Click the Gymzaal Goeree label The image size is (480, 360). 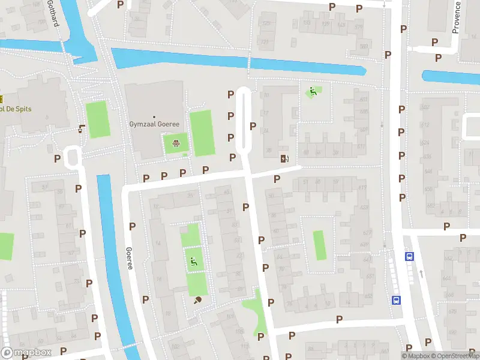tap(154, 124)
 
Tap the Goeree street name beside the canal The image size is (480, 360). tap(128, 258)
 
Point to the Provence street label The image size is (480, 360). tap(456, 17)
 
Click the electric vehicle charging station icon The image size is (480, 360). tap(284, 159)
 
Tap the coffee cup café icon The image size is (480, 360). tap(81, 128)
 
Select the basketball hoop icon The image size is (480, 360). tap(176, 143)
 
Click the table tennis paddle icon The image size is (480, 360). tap(197, 301)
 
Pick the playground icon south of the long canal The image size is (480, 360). tap(312, 91)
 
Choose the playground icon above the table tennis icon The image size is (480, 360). tap(193, 261)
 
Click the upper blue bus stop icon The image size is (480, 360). tap(409, 256)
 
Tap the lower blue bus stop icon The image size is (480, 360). tap(396, 299)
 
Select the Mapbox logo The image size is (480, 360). tap(26, 353)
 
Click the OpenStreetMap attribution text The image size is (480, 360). tap(455, 356)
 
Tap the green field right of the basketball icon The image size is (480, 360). tap(202, 133)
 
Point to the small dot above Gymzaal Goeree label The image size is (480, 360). tap(154, 117)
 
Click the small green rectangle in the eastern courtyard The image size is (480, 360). tap(319, 245)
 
